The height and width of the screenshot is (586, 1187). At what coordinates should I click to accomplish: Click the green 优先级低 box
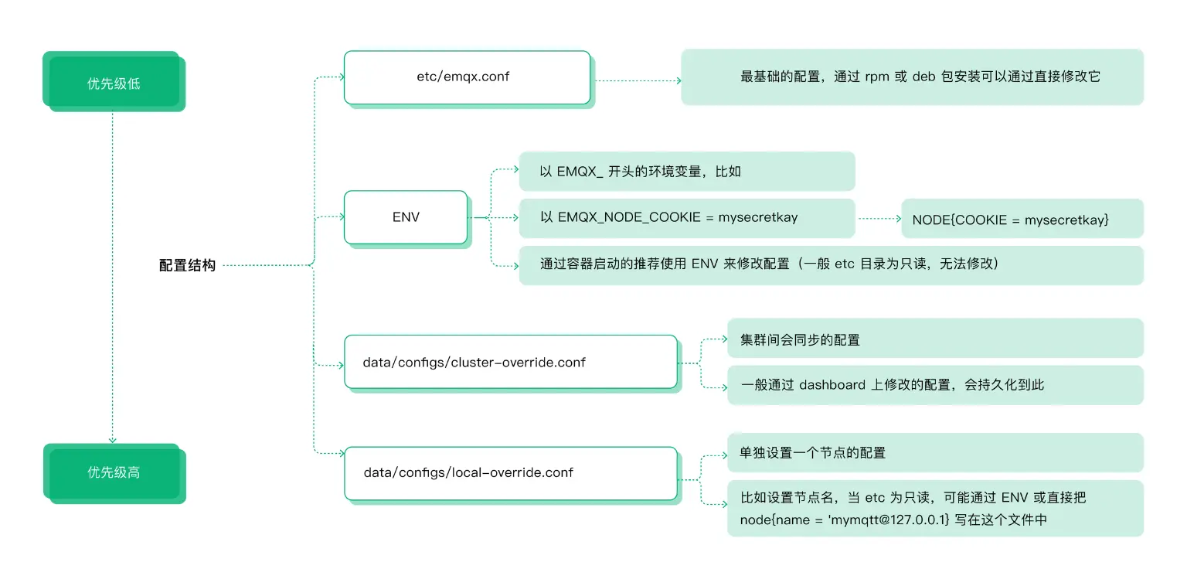114,81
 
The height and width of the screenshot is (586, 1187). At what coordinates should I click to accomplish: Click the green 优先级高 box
114,473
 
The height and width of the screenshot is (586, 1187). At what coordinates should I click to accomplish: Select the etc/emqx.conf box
467,77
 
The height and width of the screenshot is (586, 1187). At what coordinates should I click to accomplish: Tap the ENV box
406,217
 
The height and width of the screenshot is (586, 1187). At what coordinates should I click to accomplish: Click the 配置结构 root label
187,265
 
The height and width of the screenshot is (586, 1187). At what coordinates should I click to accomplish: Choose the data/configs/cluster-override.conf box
510,362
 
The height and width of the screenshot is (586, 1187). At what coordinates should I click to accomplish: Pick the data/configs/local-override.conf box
510,472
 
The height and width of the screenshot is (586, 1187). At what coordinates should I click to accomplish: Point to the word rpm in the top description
876,77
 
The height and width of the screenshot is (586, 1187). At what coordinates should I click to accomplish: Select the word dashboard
832,385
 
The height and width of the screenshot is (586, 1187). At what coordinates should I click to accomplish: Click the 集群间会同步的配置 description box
934,339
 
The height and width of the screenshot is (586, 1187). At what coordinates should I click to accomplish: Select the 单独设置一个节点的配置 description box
934,452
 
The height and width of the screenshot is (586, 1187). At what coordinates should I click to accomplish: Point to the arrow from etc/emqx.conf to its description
638,80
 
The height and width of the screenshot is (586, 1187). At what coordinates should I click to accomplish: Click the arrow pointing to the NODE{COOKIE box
879,219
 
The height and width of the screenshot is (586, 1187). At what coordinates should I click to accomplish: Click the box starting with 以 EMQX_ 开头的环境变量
686,172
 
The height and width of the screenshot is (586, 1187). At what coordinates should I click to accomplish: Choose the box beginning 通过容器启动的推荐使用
831,265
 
